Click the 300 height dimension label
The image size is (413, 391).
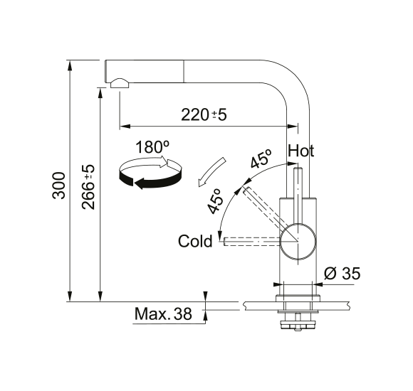[58, 186]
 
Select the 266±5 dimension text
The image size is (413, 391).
[88, 187]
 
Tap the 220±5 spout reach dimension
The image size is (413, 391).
[204, 115]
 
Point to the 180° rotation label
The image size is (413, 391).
[152, 146]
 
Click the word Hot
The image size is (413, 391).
[300, 151]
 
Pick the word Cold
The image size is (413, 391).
[195, 241]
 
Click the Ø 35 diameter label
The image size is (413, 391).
[342, 273]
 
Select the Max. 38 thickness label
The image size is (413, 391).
[163, 314]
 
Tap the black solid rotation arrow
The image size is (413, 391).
[150, 180]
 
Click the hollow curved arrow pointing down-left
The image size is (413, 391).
[211, 171]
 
